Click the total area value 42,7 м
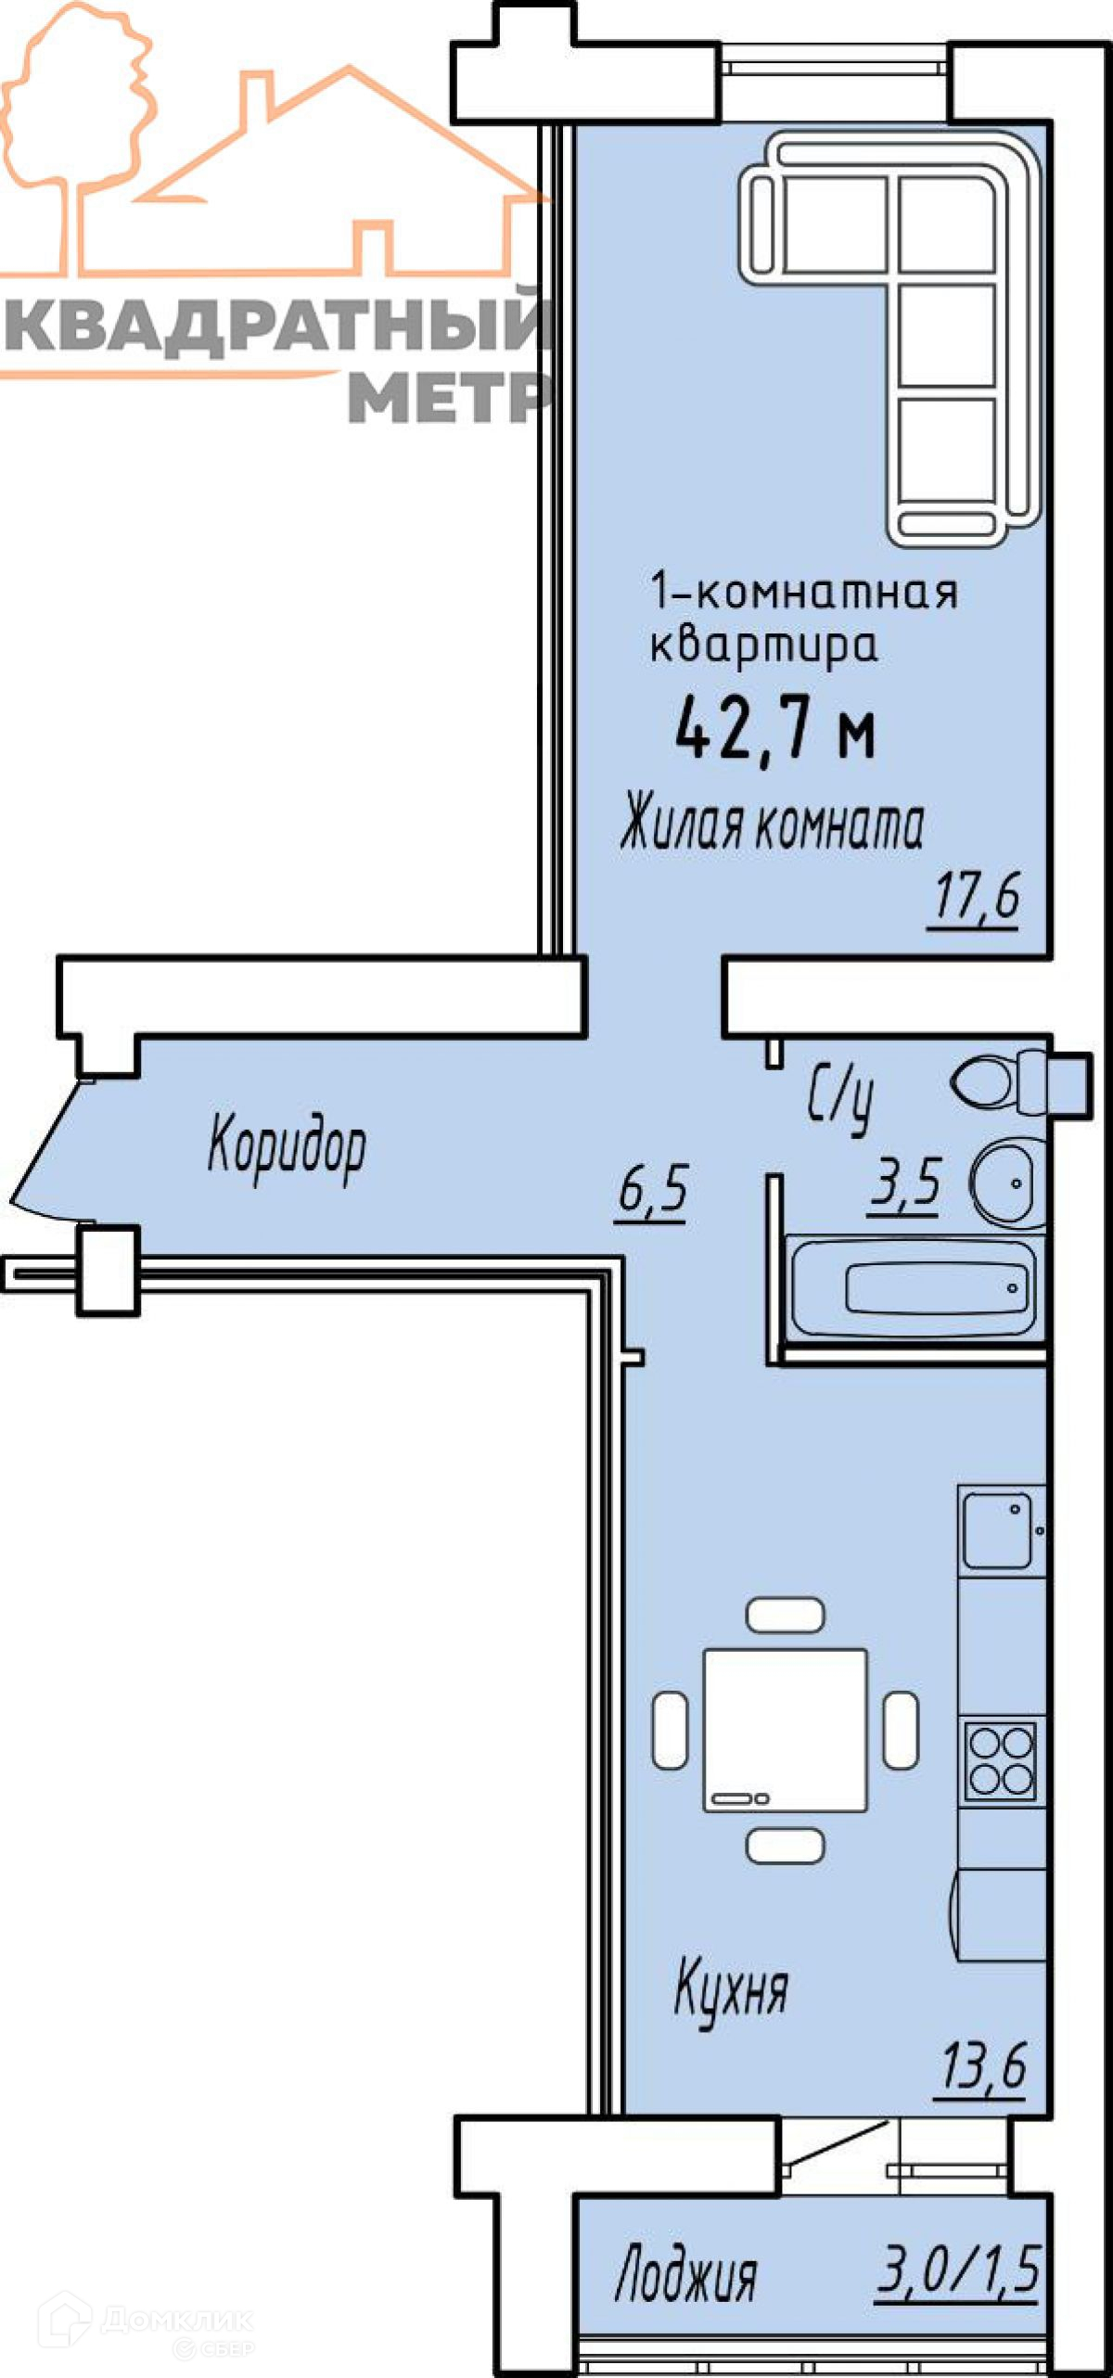775,730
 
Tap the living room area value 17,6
976,897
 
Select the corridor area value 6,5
651,1191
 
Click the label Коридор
287,1147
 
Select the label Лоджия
685,2271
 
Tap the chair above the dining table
785,1615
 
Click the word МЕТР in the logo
449,398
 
